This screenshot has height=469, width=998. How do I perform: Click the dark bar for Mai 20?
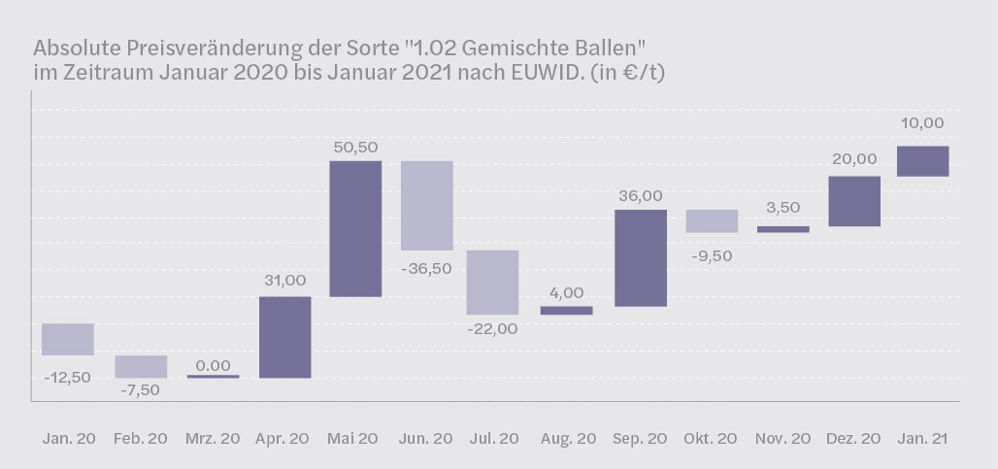[x=355, y=228]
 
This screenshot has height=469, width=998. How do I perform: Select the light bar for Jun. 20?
[x=427, y=205]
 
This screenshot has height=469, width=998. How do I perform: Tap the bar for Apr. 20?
[x=285, y=337]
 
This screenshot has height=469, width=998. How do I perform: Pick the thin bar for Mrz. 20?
[x=214, y=376]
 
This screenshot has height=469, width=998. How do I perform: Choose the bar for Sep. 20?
[x=641, y=258]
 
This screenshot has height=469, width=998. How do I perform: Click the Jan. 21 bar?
[x=923, y=161]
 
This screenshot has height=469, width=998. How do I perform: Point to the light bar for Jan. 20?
[x=68, y=339]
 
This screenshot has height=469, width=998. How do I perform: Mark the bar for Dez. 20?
[x=854, y=201]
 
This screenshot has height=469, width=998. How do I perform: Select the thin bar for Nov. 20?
[x=783, y=229]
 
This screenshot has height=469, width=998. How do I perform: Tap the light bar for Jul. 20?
[x=492, y=283]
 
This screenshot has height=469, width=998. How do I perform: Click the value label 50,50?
[x=355, y=147]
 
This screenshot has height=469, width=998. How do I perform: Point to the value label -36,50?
[x=427, y=268]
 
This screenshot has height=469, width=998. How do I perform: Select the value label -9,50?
[x=712, y=255]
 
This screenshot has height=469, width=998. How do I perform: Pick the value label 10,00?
[x=922, y=123]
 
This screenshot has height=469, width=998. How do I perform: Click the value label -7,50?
[x=142, y=390]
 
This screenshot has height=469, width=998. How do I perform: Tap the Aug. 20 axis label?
[x=569, y=439]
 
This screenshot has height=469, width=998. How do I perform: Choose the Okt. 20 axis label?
[x=712, y=439]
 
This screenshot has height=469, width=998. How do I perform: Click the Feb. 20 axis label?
[x=141, y=439]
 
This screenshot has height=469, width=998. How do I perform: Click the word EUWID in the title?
[x=542, y=73]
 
